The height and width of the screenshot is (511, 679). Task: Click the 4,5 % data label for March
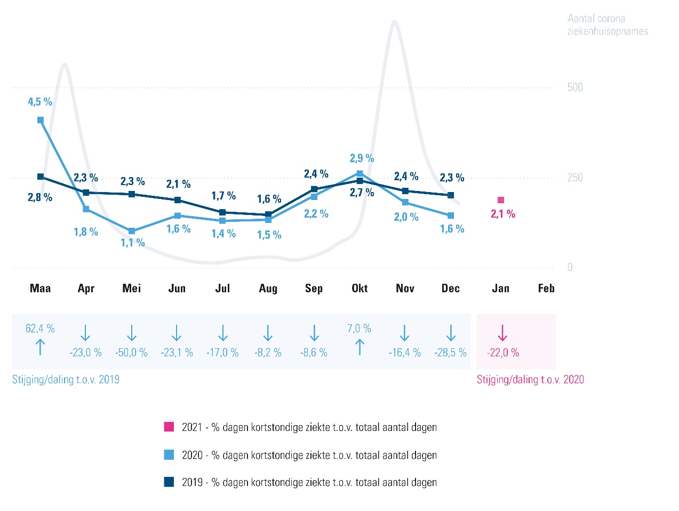point(40,102)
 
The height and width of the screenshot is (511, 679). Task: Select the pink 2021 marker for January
point(501,200)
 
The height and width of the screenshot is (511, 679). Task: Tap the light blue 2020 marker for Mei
point(132,231)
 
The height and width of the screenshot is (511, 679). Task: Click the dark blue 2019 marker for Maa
point(41,177)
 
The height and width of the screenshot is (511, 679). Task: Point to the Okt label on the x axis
point(360,289)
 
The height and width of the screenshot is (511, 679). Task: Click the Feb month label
point(546,289)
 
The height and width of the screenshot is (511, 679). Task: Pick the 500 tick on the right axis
point(575,87)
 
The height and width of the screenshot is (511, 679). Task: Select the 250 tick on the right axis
point(575,178)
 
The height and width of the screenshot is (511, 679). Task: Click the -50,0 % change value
point(131,353)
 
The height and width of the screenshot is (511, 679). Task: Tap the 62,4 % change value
point(40,329)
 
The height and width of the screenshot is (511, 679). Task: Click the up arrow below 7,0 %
point(360,347)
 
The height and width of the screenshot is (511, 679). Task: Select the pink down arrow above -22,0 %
point(502,333)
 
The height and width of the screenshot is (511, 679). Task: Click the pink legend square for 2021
point(169,427)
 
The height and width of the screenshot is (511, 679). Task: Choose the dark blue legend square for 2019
point(169,482)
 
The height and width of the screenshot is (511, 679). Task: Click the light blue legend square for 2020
point(169,455)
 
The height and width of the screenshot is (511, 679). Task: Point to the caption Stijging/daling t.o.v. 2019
point(66,380)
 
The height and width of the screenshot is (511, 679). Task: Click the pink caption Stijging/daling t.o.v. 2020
point(530,380)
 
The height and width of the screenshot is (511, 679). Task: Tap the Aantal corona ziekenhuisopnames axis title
point(608,25)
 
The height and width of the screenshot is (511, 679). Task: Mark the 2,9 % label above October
point(362,158)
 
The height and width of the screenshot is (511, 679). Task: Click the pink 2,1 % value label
point(503,214)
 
